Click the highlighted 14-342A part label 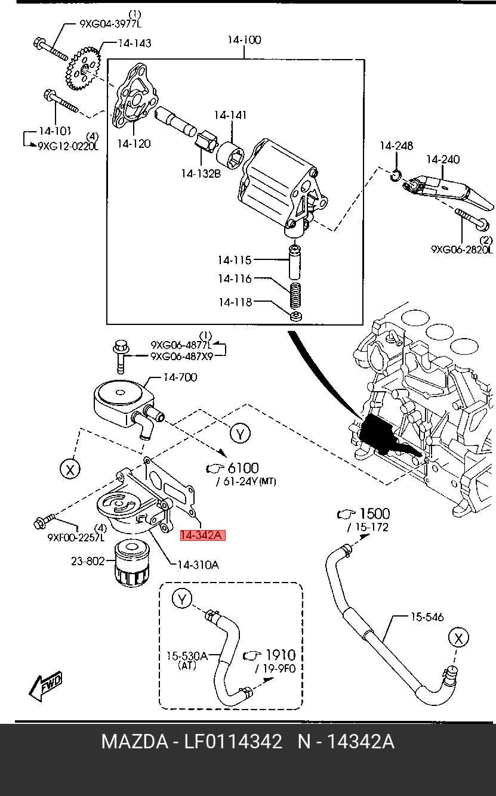(202, 535)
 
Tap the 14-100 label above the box (245, 39)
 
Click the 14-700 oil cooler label (180, 377)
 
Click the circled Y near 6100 (240, 433)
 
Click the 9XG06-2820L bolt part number (462, 249)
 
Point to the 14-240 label (443, 159)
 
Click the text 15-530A (187, 656)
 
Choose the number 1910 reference (281, 655)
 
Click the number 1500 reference (375, 513)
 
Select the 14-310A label (198, 564)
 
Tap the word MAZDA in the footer (135, 742)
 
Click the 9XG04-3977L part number (110, 24)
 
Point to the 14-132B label (201, 174)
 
